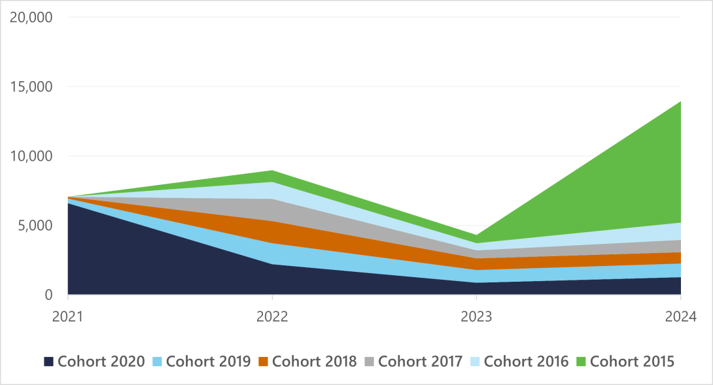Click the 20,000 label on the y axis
[31, 17]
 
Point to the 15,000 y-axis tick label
[31, 86]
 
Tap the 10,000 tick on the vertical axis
[31, 156]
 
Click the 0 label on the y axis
[48, 295]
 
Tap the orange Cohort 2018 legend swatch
[264, 361]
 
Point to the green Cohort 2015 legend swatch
[582, 361]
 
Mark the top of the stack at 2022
[272, 171]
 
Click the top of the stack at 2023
[476, 235]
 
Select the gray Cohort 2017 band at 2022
[272, 210]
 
